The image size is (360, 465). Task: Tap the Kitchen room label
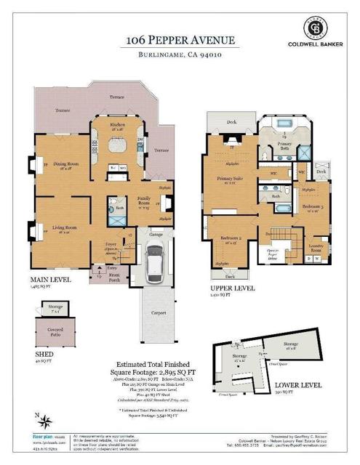117,125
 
